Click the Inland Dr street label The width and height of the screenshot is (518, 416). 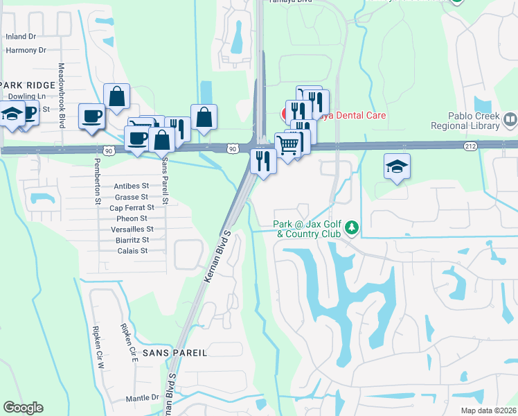coord(20,36)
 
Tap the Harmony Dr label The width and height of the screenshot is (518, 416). coord(26,50)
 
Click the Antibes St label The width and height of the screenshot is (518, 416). coord(131,186)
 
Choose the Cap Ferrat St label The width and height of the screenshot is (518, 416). coord(129,207)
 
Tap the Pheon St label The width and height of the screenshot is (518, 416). coord(132,218)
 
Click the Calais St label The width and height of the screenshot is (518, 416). coord(132,251)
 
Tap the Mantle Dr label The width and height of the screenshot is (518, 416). coord(143,398)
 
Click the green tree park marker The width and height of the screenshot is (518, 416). coord(352,227)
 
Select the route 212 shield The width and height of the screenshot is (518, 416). coord(470,146)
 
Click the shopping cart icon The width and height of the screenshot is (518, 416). coord(288,144)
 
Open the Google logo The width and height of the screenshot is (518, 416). coord(23,408)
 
